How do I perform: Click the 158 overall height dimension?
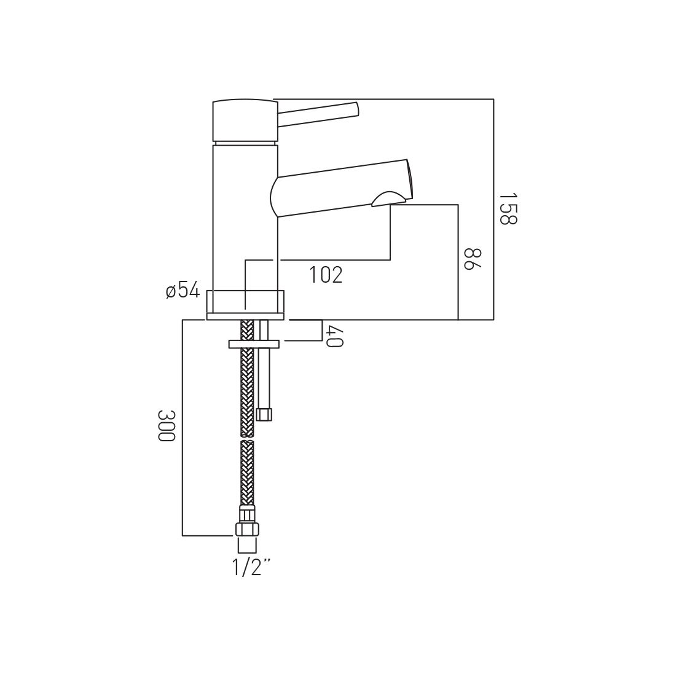[508, 208]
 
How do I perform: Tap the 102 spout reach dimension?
[326, 275]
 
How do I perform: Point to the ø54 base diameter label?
[183, 290]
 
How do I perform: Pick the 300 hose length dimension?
[166, 425]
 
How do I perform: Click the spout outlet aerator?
[388, 198]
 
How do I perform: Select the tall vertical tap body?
[245, 215]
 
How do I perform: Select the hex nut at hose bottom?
[246, 529]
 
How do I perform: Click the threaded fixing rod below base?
[264, 375]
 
